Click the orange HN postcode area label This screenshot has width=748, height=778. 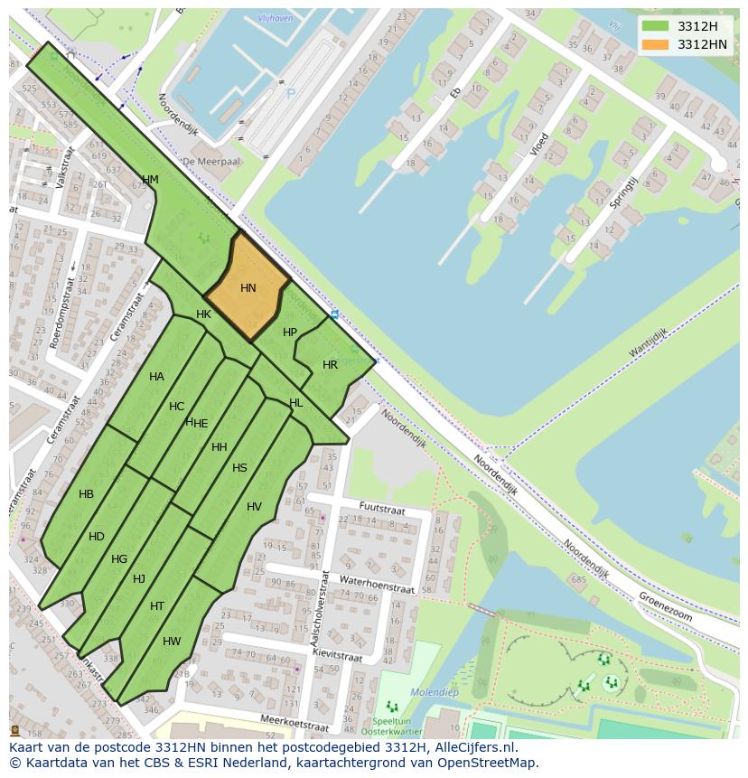(248, 288)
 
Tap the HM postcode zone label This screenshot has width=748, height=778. (150, 180)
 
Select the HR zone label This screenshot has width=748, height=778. (330, 365)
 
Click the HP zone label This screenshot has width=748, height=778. (290, 333)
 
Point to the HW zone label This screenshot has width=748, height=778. (172, 642)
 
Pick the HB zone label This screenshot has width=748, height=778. (86, 494)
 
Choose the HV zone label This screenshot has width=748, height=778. (254, 507)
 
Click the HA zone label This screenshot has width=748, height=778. (156, 377)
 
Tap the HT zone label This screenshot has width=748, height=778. (157, 606)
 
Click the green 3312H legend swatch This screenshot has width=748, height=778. (655, 26)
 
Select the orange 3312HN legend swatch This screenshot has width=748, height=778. (655, 44)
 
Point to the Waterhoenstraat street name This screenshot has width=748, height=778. (377, 584)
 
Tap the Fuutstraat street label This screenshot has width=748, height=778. (382, 507)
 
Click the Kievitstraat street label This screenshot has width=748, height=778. (336, 652)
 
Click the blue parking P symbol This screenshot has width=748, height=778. (291, 93)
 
